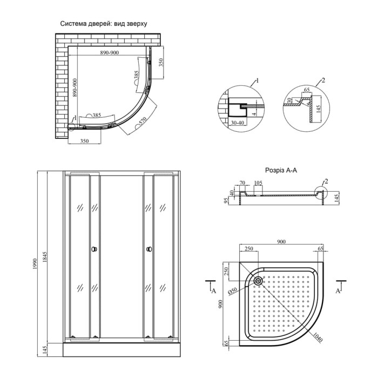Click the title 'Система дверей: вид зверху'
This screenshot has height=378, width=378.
point(104,24)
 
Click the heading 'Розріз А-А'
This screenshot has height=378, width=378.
point(281,171)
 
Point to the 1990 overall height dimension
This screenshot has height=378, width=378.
point(36,264)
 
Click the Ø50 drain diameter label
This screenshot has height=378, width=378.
point(233,291)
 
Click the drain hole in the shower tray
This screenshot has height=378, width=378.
point(259,281)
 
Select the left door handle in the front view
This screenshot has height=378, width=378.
point(94,249)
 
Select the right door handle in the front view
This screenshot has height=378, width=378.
point(150,249)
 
